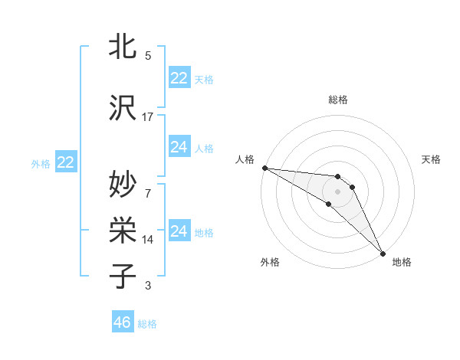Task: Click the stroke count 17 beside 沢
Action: (x=148, y=117)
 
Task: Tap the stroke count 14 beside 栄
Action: (x=148, y=240)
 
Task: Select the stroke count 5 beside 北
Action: (x=148, y=56)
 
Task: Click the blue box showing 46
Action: (x=123, y=322)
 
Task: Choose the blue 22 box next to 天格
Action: (x=179, y=77)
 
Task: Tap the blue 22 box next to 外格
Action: (x=65, y=162)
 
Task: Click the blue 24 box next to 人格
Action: (x=179, y=146)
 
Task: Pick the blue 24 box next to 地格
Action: (x=179, y=231)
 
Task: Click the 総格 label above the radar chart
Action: (x=337, y=100)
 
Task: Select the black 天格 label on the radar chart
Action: (x=432, y=159)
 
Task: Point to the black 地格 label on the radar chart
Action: (x=402, y=263)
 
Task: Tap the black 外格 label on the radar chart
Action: (x=270, y=263)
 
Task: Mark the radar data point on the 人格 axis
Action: (x=264, y=168)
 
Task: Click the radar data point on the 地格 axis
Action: (x=383, y=253)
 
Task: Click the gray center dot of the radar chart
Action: (x=337, y=191)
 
